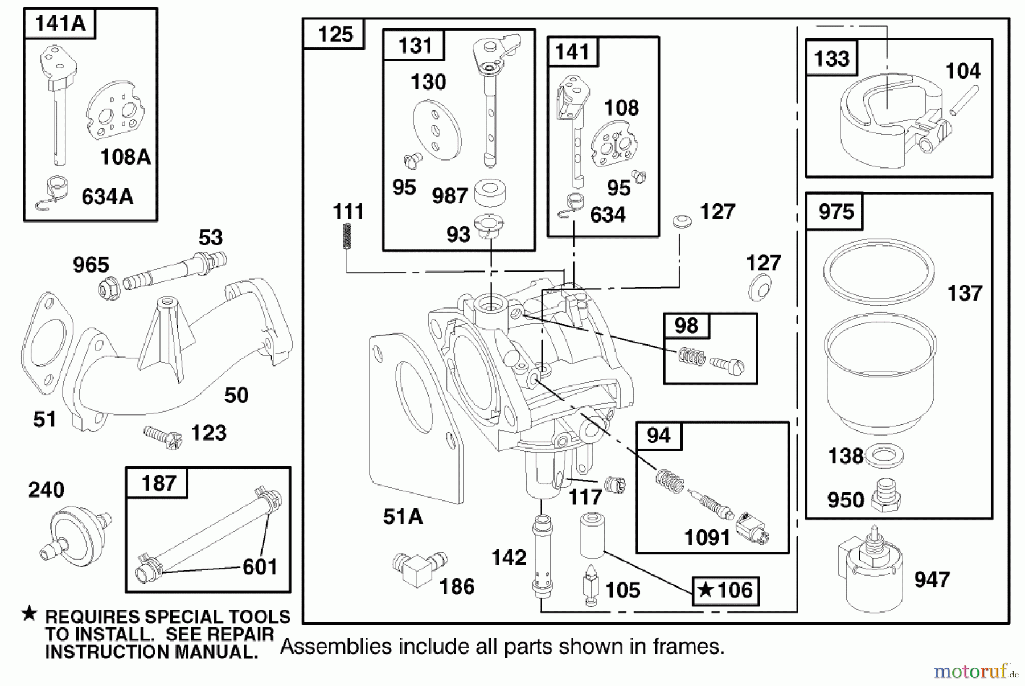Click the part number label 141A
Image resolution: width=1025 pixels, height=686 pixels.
(60, 24)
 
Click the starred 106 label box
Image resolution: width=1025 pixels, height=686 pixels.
(725, 590)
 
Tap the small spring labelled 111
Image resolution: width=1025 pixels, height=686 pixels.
(346, 236)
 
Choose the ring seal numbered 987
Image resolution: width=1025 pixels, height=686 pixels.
(490, 192)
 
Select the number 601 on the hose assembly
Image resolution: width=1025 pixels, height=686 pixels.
(260, 566)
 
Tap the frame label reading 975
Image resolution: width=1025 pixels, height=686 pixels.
(835, 212)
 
